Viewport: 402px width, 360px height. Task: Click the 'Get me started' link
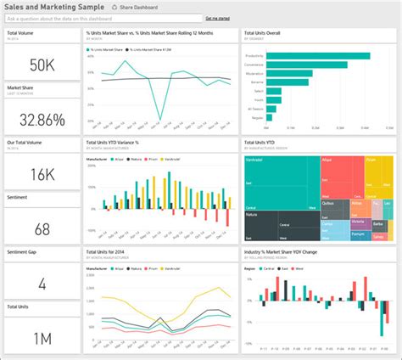pyautogui.click(x=218, y=18)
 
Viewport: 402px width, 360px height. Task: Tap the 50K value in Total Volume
pyautogui.click(x=42, y=65)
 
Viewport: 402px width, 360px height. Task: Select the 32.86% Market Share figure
pyautogui.click(x=42, y=118)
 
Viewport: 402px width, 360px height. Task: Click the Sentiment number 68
pyautogui.click(x=42, y=229)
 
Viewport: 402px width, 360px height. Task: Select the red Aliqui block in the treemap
pyautogui.click(x=342, y=174)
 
